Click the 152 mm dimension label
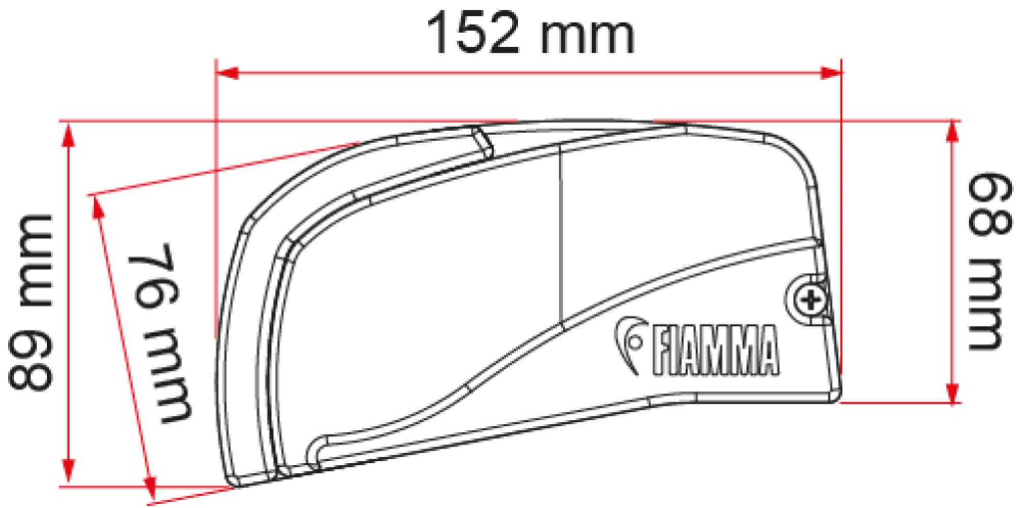click(x=531, y=35)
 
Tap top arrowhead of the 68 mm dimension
click(x=950, y=133)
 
